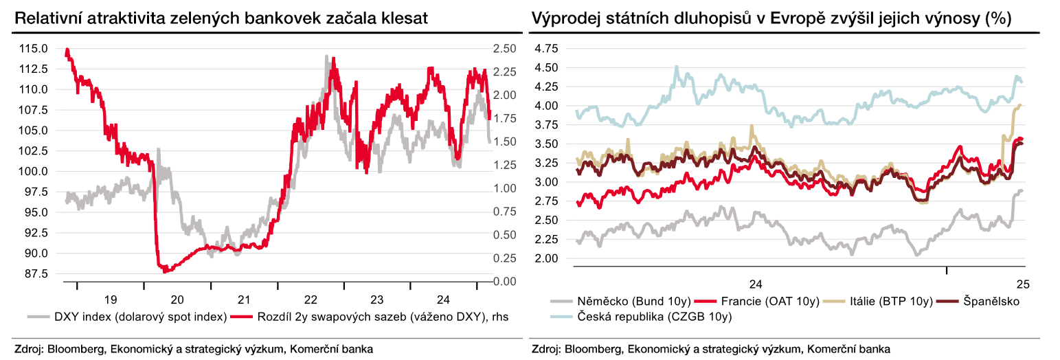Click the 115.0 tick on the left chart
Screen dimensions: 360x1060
tap(34, 49)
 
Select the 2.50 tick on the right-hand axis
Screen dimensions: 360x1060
tap(505, 49)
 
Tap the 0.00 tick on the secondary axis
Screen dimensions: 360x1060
tap(505, 282)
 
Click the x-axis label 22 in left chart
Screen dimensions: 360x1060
tap(310, 300)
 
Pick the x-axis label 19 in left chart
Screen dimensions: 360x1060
tap(110, 300)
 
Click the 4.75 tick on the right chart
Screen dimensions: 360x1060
tap(546, 49)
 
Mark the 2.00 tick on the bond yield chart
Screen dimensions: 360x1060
tap(546, 258)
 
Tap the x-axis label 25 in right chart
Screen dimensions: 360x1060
tap(1021, 284)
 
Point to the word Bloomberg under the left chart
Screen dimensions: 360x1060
tap(71, 349)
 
